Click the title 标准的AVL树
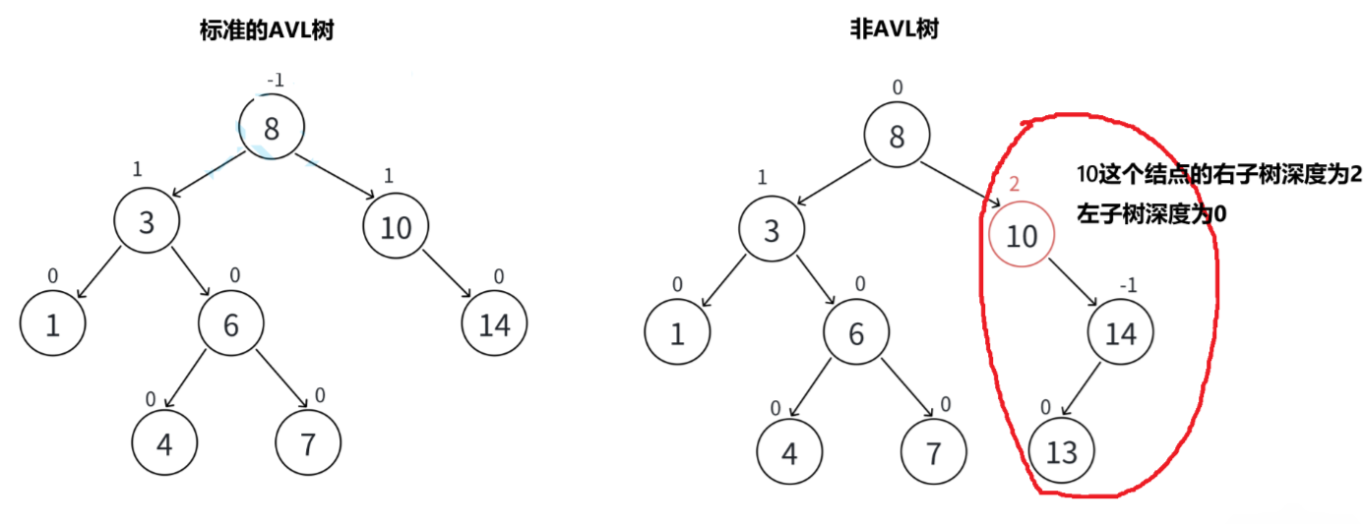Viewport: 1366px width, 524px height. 266,30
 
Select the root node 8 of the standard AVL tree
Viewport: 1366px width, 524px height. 272,128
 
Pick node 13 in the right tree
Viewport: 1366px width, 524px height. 1061,452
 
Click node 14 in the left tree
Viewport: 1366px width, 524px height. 494,324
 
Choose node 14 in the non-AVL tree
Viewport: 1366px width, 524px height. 1120,334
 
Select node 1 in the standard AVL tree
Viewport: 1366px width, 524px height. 52,324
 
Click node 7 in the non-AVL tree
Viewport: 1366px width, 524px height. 933,452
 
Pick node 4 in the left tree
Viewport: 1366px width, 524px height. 164,444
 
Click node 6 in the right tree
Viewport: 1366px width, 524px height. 856,334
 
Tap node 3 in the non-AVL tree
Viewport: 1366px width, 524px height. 772,231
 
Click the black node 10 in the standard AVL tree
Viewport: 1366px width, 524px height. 396,228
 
